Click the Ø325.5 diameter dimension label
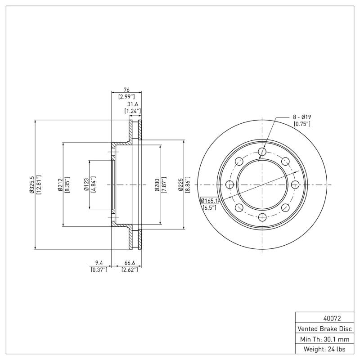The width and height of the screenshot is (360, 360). pos(31,184)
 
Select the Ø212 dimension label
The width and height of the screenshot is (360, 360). pos(59,184)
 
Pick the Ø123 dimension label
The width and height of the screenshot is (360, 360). pos(86,184)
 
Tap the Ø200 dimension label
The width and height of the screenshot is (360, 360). pos(157,184)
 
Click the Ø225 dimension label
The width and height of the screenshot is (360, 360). pos(180,184)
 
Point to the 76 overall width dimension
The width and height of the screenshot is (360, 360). pos(126,90)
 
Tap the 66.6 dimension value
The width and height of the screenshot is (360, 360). pos(129,263)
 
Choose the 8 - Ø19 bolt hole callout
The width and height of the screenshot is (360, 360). pos(302,117)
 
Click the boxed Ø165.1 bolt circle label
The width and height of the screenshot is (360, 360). pos(209,201)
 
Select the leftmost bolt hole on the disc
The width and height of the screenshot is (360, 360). pos(229,184)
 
